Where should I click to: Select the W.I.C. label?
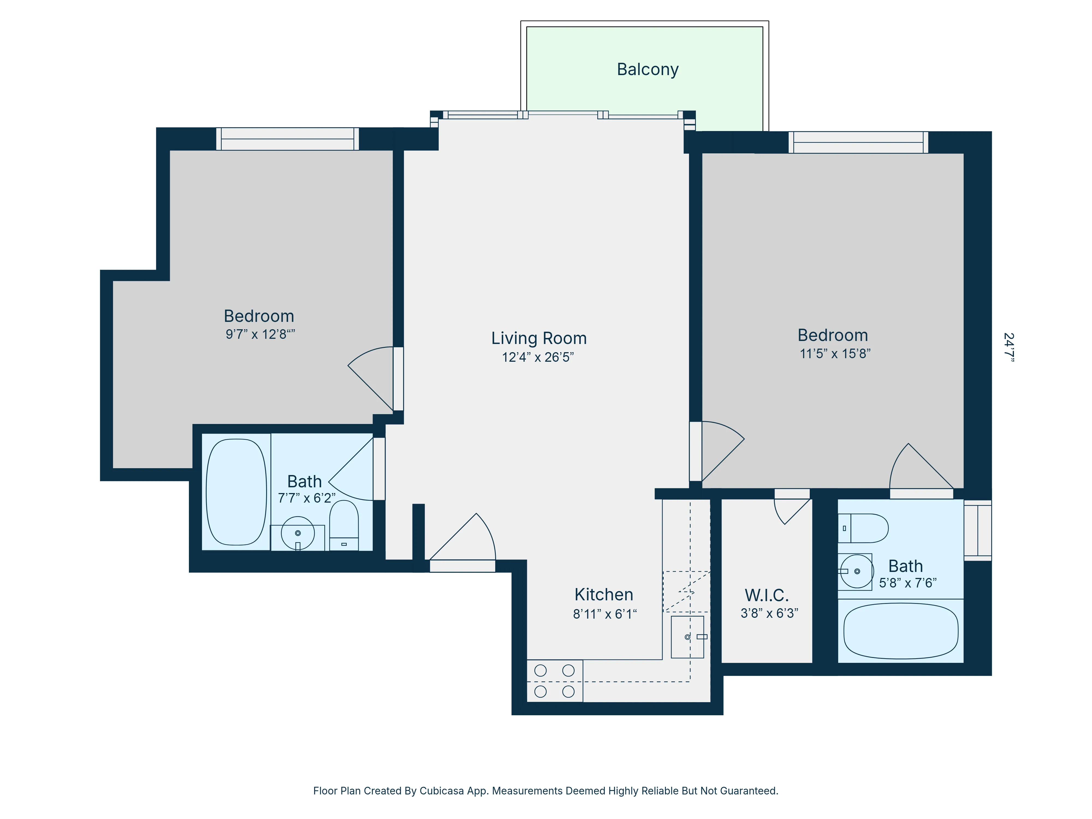pos(766,595)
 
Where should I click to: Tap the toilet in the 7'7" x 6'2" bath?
pos(344,524)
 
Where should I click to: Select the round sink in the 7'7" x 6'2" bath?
pos(298,533)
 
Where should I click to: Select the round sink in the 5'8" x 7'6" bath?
pos(856,571)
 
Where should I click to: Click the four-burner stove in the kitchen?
pos(554,681)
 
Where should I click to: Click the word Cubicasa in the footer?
pos(441,791)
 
